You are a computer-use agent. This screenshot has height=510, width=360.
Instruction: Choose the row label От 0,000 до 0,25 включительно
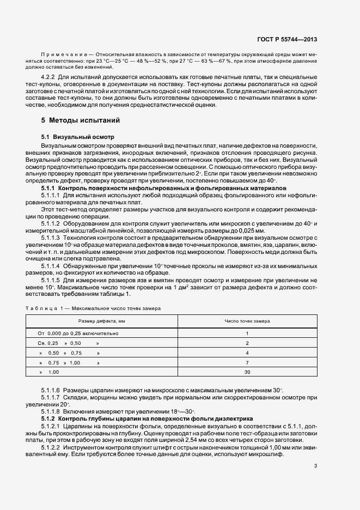[78, 333]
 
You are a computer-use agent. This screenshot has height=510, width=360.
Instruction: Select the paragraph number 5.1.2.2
[51, 446]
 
